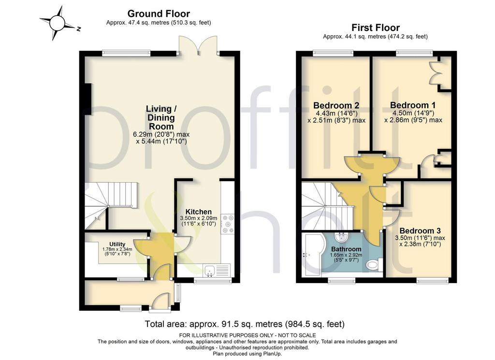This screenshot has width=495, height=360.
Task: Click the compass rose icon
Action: click(x=57, y=24)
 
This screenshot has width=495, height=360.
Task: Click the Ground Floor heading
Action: click(x=159, y=14)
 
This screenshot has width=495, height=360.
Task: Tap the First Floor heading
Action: click(x=376, y=28)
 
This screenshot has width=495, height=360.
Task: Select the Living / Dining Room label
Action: click(x=161, y=118)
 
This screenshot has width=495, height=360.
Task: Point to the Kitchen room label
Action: click(x=199, y=212)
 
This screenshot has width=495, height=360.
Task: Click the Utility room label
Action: click(x=117, y=244)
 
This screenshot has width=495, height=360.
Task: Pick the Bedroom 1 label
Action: click(x=413, y=105)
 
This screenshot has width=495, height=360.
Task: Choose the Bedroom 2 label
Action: click(x=336, y=105)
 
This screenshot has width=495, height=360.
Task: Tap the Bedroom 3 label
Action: click(x=420, y=231)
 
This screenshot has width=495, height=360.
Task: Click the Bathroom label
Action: click(x=346, y=249)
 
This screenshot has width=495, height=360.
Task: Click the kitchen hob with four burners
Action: click(x=228, y=224)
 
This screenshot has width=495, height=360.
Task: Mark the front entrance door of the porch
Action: click(x=161, y=302)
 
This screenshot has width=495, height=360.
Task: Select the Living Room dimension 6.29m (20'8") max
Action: click(x=161, y=134)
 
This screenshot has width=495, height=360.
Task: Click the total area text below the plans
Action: click(x=245, y=324)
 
